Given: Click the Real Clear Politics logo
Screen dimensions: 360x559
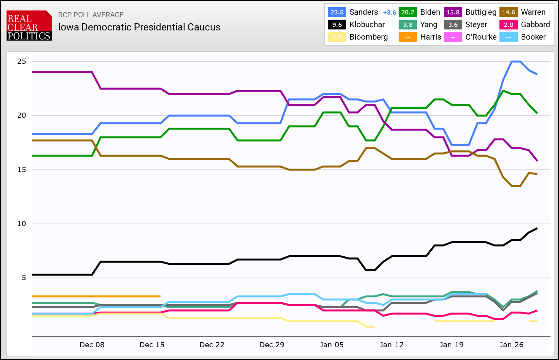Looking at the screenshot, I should click(x=29, y=26).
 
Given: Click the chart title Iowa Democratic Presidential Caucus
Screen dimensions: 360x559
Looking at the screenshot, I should click(x=139, y=27).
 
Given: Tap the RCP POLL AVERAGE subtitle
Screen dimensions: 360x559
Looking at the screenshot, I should click(x=91, y=15).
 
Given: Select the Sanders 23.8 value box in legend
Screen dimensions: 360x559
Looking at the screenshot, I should click(x=337, y=12).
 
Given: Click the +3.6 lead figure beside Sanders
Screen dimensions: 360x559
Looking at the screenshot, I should click(x=389, y=12).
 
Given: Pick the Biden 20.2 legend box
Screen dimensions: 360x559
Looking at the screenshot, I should click(x=407, y=12).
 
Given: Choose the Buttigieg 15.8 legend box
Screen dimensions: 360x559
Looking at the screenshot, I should click(x=453, y=12).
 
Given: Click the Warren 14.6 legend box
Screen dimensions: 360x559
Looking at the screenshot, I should click(x=508, y=12).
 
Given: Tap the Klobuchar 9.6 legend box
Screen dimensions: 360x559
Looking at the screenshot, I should click(x=337, y=25).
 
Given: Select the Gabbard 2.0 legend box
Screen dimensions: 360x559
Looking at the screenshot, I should click(x=508, y=25).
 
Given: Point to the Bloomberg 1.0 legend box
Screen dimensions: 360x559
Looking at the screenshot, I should click(x=337, y=37).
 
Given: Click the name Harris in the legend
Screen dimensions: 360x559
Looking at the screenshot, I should click(x=430, y=37).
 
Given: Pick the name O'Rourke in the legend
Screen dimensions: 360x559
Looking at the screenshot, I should click(x=480, y=37).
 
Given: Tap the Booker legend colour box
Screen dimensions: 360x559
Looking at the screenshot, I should click(x=508, y=37).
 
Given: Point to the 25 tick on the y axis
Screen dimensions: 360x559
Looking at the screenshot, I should click(x=22, y=62).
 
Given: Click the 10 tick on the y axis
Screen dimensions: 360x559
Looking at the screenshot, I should click(x=22, y=224).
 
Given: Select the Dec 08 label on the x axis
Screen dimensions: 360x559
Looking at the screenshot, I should click(x=92, y=345).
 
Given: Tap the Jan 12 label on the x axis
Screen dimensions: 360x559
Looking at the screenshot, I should click(x=391, y=345).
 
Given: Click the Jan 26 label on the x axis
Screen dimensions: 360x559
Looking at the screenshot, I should click(x=511, y=345).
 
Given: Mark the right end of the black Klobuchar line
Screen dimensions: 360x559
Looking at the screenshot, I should click(x=537, y=228).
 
